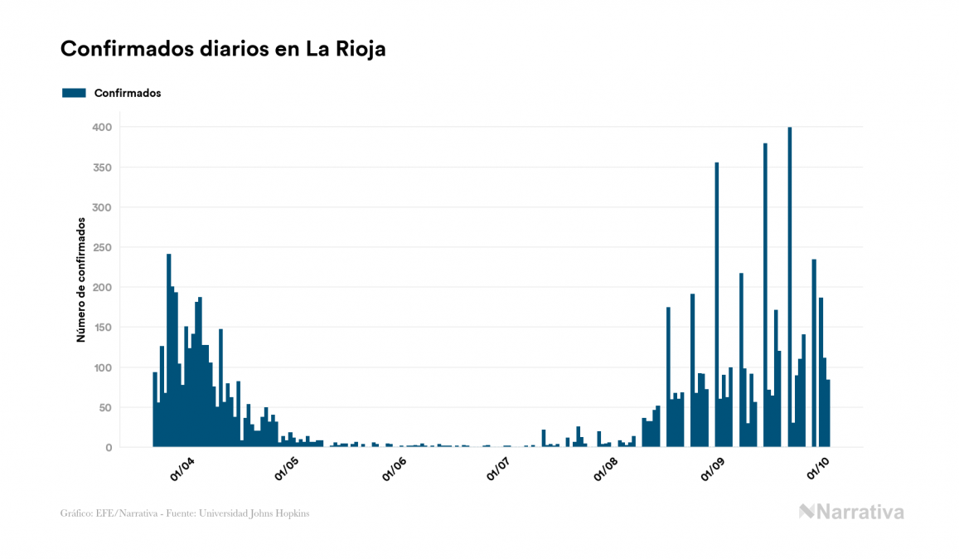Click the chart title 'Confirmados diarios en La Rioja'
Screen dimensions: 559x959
[x=223, y=49]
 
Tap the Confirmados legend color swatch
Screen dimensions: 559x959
[x=74, y=93]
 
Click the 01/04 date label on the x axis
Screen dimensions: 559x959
[x=182, y=469]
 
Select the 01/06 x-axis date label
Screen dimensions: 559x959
[x=394, y=469]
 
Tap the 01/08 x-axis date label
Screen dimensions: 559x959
[x=606, y=469]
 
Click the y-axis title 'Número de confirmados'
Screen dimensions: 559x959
[x=81, y=280]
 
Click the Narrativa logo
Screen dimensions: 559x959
[x=851, y=512]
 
